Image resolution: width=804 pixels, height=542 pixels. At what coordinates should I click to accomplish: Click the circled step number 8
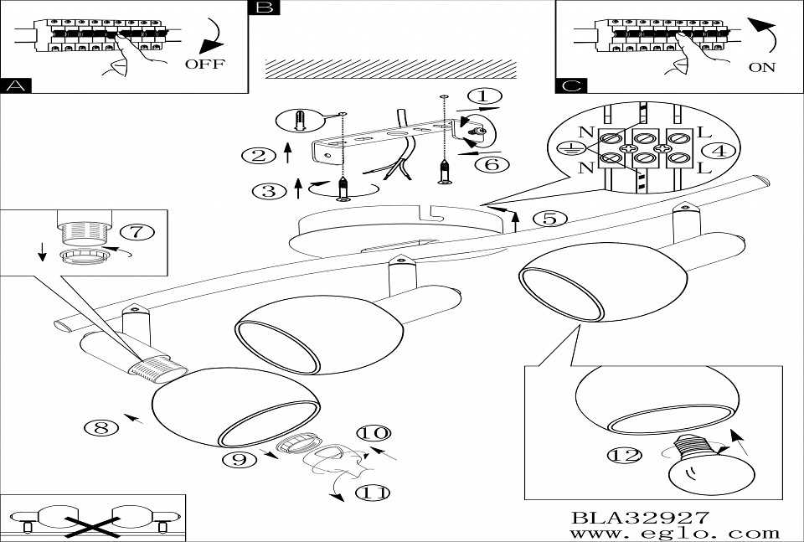point(100,426)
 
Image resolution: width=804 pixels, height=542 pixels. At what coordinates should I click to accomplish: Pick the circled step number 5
point(549,219)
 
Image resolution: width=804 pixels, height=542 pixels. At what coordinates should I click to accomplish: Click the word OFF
point(205,65)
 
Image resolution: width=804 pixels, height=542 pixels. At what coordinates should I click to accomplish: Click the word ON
point(762,67)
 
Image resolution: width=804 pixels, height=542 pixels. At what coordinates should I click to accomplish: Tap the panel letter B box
point(264,8)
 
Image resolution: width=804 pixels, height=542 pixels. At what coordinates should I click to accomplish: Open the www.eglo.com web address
point(675,533)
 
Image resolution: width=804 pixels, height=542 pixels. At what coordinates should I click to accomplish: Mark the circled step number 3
point(268,191)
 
